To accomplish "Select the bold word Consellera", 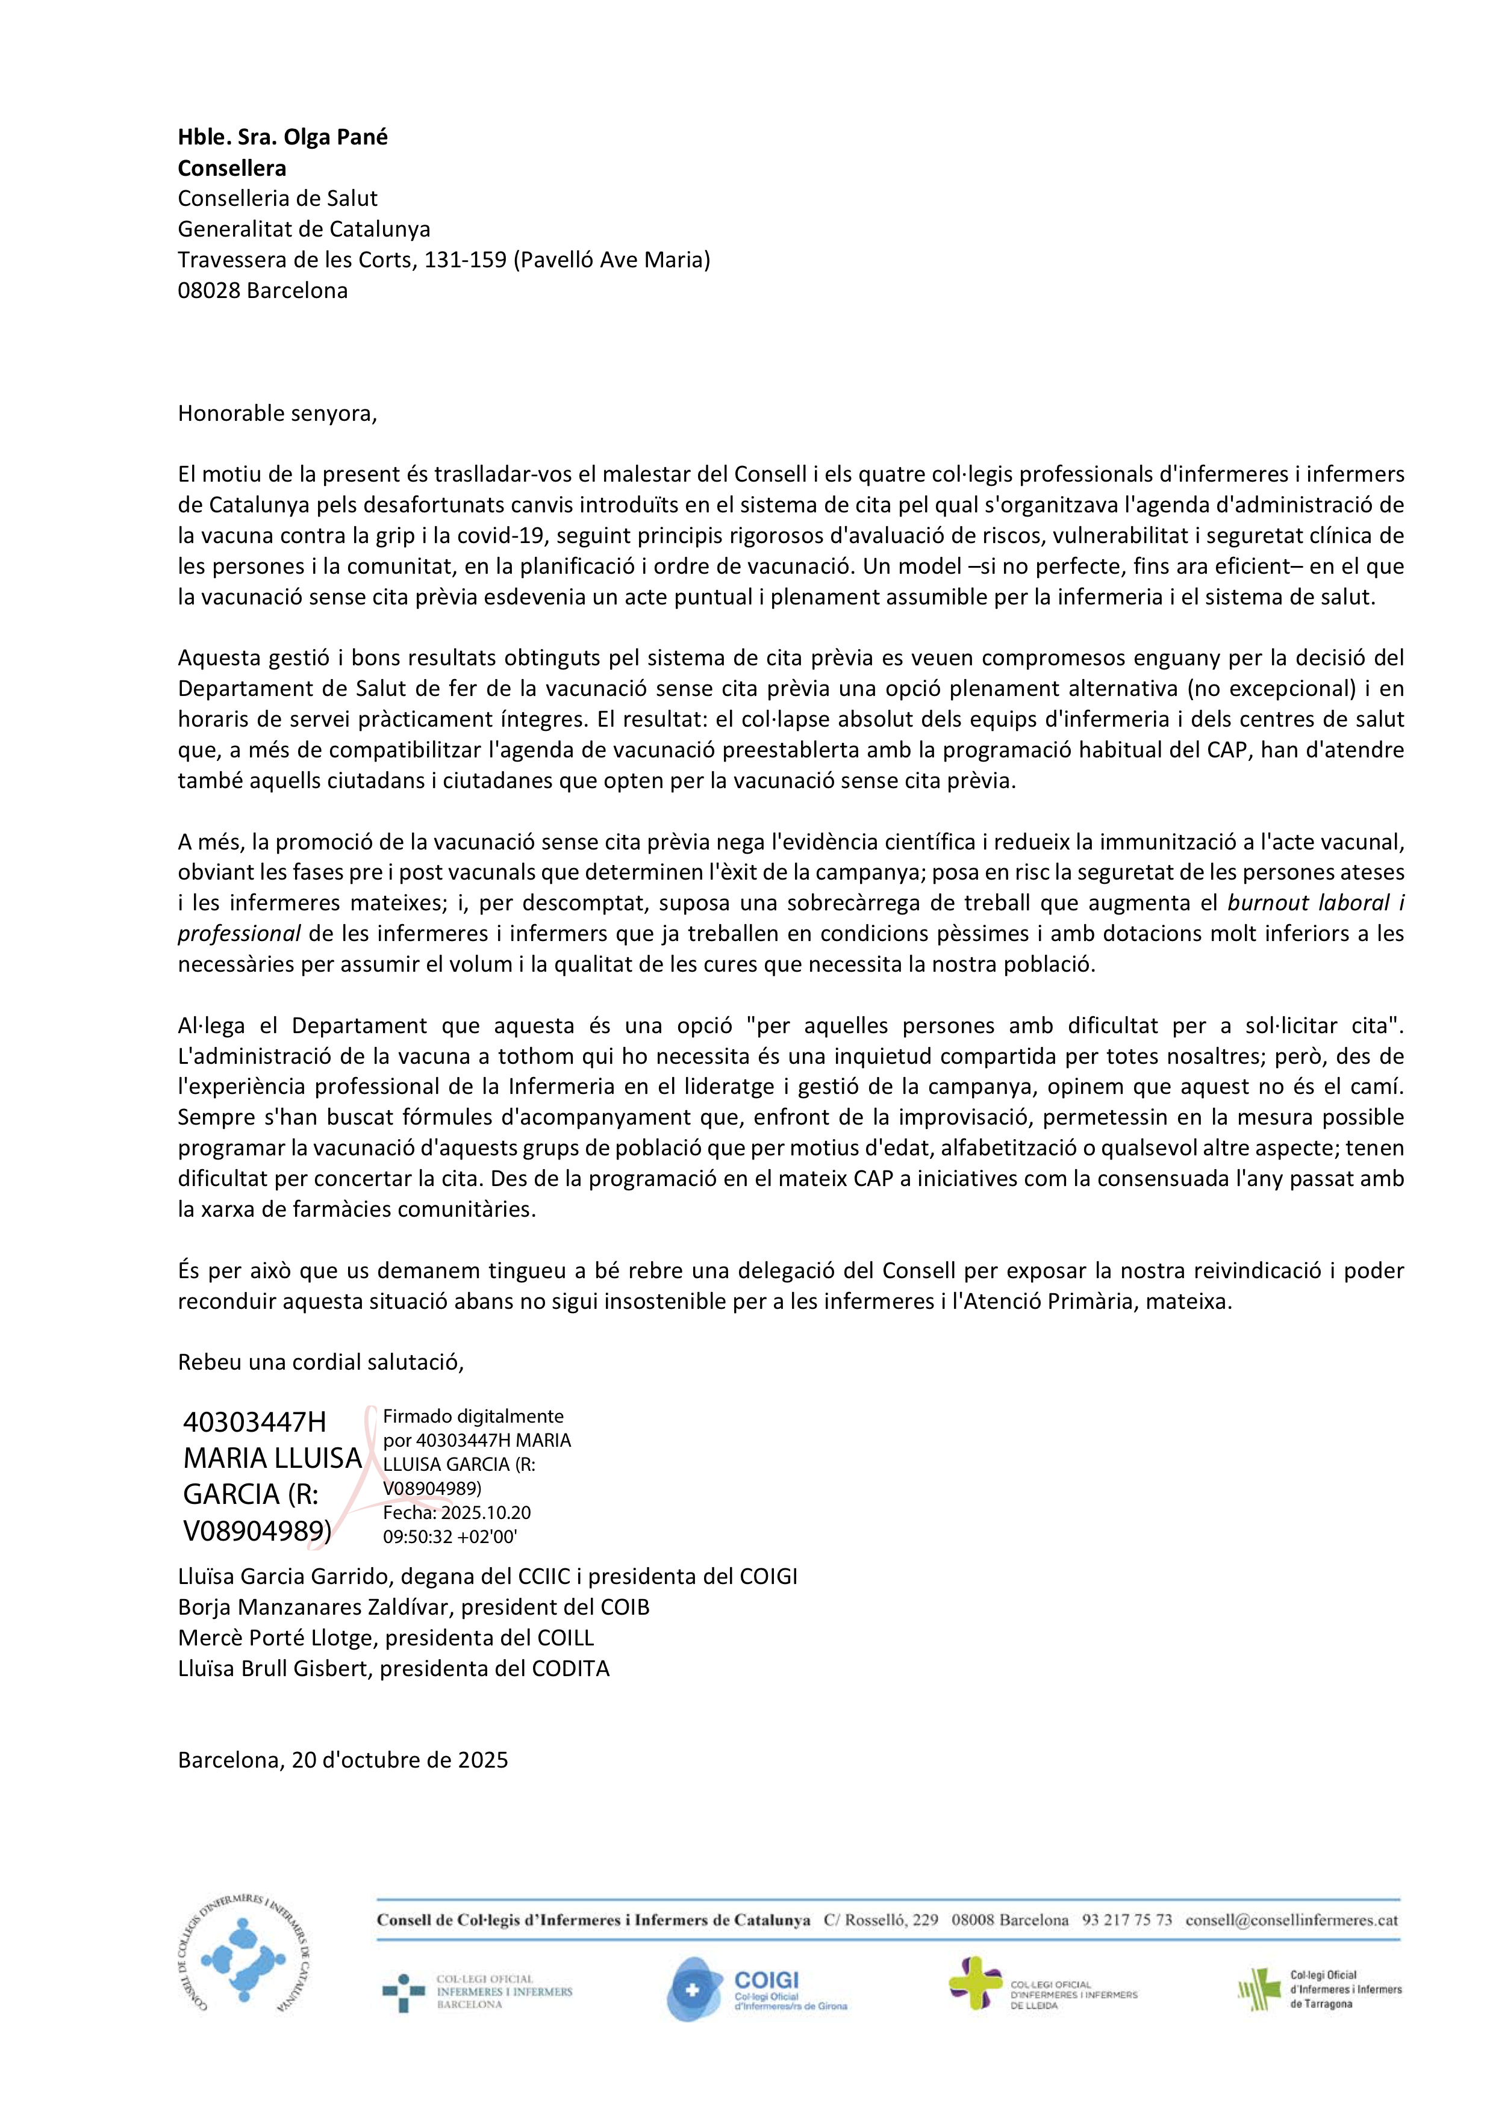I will click(x=232, y=169).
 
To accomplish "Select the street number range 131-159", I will click(x=464, y=260).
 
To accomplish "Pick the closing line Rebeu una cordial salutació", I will click(x=321, y=1362).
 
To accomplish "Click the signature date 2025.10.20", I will click(x=485, y=1512).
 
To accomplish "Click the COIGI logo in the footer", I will click(x=756, y=1989).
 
